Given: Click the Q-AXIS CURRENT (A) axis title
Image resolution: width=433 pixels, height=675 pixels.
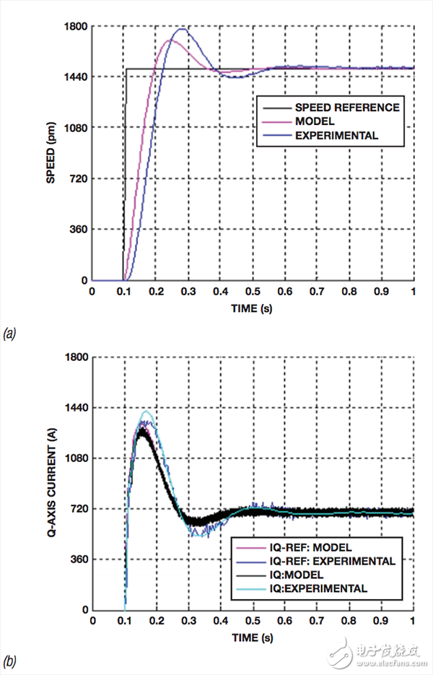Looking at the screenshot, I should click(x=51, y=483).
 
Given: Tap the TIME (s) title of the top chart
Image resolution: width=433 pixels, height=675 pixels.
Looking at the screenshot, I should click(x=252, y=306).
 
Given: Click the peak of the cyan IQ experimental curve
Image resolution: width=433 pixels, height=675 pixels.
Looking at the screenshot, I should click(x=146, y=411).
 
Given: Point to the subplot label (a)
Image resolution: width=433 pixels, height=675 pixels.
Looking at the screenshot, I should click(x=10, y=333).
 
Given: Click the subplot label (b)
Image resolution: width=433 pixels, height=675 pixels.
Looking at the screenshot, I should click(x=10, y=661).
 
